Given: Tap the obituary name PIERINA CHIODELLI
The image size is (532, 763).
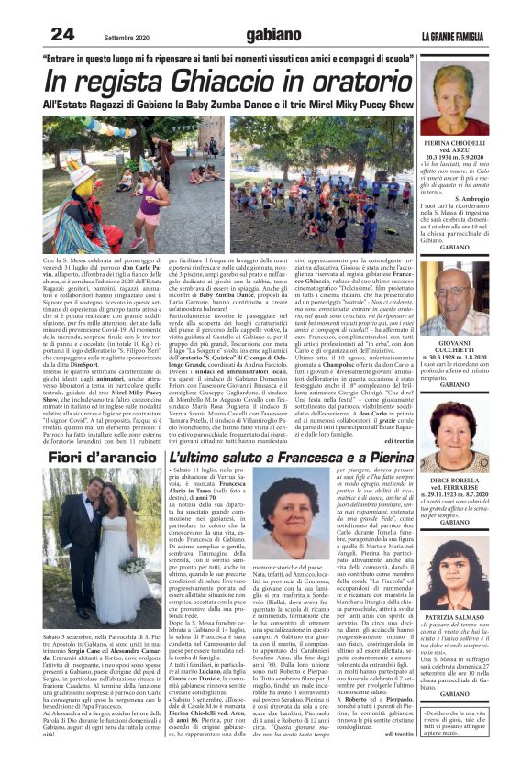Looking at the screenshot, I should click(x=454, y=144).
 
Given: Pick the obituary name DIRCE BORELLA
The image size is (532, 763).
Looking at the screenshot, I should click(x=455, y=480).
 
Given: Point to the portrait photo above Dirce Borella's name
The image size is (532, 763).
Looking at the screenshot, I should click(x=454, y=437).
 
